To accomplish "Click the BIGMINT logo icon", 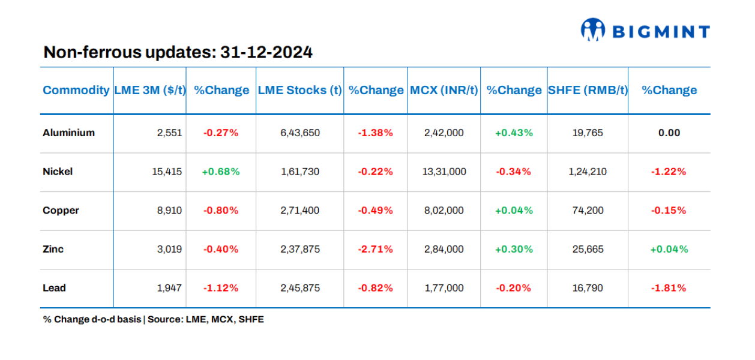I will (x=593, y=30).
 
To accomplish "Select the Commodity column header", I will (x=76, y=90).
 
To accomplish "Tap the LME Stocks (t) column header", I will (x=299, y=90).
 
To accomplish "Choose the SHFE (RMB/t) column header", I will (x=588, y=90).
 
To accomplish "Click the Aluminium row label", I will (x=68, y=133).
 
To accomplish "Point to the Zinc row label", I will (x=53, y=249).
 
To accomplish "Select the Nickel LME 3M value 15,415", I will (x=167, y=172).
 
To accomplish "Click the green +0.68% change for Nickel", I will (x=221, y=172).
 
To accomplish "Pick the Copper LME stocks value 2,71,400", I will (x=299, y=211).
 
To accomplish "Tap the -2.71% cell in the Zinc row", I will (x=375, y=249).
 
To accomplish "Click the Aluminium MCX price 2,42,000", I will (x=444, y=133).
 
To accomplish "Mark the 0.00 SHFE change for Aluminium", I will (x=669, y=133).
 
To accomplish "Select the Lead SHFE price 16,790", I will (x=588, y=288).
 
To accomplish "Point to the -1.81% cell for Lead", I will (x=669, y=288).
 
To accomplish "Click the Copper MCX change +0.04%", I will (x=514, y=211).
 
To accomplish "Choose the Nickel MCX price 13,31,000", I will (x=444, y=172).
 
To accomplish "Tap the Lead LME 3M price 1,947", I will (x=170, y=288).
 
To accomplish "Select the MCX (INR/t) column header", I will (x=444, y=90).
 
